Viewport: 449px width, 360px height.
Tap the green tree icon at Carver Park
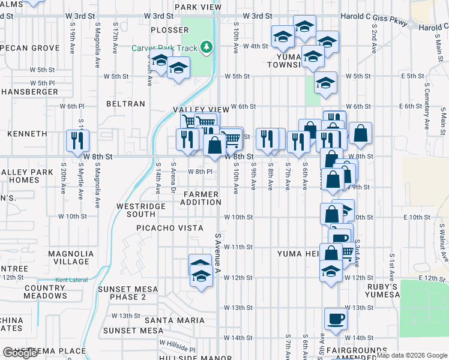tap(207, 47)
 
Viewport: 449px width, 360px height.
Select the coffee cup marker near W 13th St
tap(336, 318)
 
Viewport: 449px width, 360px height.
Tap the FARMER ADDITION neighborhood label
tap(202, 198)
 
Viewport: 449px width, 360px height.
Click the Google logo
tap(20, 353)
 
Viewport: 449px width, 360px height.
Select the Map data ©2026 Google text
tap(412, 355)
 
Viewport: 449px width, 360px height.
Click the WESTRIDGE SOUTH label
tap(140, 210)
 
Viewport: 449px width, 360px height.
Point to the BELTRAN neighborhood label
tap(125, 104)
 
